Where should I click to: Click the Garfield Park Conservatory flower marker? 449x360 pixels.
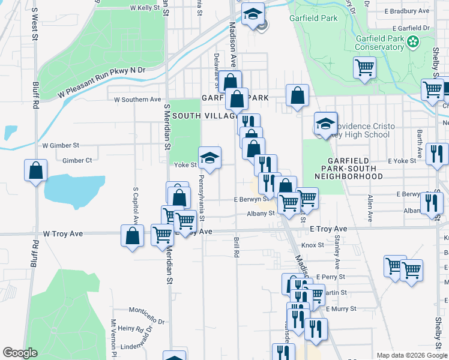pos(412,41)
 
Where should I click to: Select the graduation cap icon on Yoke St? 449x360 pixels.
pos(210,158)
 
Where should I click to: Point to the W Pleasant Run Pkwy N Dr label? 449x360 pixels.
pos(102,82)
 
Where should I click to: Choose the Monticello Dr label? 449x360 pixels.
pos(146,310)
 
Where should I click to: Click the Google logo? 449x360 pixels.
pos(20,353)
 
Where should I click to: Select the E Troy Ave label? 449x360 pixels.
pos(328,229)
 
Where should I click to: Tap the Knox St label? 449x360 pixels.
pos(313,245)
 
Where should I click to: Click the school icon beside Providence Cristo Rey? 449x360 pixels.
pos(325,124)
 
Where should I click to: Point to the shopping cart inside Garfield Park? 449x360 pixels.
pos(364,68)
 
